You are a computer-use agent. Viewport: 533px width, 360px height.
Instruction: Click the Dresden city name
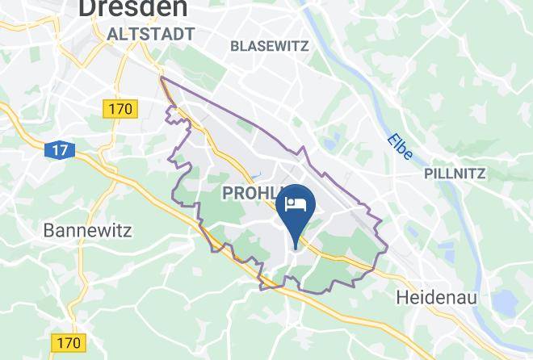pos(133,8)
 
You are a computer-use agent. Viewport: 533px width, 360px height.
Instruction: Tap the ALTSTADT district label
pos(150,34)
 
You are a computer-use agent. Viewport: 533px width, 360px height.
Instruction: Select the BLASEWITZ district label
pos(269,46)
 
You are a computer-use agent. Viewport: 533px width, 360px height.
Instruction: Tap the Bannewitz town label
pos(87,231)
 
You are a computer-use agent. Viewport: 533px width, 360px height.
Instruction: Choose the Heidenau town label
pos(437,298)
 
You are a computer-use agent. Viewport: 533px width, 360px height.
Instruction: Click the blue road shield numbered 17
pos(58,150)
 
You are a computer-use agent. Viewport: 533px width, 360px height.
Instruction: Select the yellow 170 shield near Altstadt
pos(121,107)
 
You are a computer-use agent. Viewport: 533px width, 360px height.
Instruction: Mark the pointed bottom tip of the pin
pos(296,246)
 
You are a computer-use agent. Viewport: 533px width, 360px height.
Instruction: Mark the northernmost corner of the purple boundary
pos(162,78)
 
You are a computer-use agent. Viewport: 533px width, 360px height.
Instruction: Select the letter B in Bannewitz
pos(48,231)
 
